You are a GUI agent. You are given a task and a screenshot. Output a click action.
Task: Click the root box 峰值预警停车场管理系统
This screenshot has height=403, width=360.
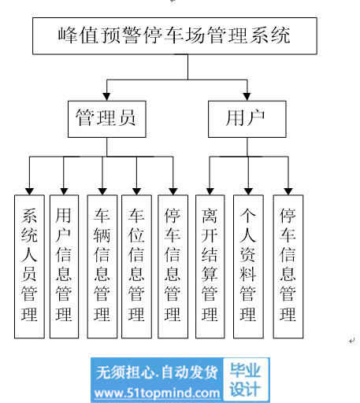click(x=175, y=36)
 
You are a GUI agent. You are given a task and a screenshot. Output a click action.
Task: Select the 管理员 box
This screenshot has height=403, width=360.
click(x=107, y=119)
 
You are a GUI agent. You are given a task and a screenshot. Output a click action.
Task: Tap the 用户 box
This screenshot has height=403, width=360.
click(x=247, y=119)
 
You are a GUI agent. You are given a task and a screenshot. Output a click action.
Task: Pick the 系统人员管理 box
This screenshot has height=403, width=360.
click(x=29, y=267)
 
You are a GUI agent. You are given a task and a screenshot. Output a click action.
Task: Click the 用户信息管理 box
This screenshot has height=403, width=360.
click(x=64, y=267)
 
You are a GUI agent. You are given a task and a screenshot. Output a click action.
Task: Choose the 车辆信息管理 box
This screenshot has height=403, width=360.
click(x=102, y=267)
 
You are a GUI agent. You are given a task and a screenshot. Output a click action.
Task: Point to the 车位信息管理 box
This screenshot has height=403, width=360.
click(x=136, y=267)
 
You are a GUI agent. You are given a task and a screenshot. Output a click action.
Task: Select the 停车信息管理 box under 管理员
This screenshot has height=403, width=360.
click(x=173, y=267)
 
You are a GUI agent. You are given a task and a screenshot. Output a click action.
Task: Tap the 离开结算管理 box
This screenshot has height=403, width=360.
click(x=210, y=267)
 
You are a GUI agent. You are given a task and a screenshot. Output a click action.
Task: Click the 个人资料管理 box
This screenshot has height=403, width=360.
click(x=248, y=267)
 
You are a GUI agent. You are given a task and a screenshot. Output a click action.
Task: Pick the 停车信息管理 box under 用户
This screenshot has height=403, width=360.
click(x=288, y=267)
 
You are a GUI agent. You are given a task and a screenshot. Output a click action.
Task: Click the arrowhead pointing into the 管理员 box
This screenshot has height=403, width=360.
click(x=106, y=97)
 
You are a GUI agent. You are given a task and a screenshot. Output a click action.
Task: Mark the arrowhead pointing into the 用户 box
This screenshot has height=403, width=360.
click(x=247, y=97)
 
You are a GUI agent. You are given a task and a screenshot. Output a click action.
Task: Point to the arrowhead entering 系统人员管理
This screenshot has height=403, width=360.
click(x=29, y=191)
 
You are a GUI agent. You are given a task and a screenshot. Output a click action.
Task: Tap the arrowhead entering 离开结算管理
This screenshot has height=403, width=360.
click(x=210, y=191)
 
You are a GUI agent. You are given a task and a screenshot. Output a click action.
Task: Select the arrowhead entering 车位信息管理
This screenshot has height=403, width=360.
click(x=136, y=191)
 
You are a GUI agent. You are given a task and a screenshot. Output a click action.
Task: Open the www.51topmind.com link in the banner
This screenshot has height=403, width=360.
click(x=157, y=393)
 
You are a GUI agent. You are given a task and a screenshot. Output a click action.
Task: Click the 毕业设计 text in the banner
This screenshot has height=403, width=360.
click(x=245, y=379)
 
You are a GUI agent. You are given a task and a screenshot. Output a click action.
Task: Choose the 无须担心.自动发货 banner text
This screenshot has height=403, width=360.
click(x=157, y=372)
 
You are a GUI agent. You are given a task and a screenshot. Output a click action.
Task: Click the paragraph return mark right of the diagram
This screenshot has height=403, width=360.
click(x=351, y=341)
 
